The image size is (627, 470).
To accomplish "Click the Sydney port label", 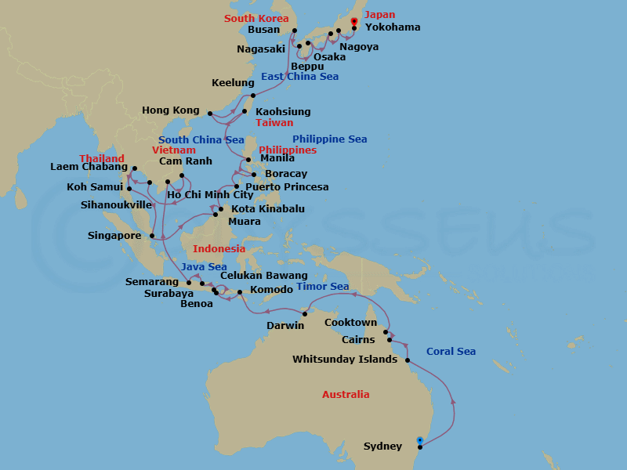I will click(382, 447).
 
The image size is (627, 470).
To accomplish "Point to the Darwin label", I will click(285, 325).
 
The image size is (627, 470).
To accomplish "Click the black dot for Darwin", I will click(305, 314).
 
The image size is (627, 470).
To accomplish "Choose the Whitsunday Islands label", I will click(346, 360).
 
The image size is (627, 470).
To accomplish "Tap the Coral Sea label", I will click(451, 352).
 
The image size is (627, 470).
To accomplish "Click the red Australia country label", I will click(346, 395).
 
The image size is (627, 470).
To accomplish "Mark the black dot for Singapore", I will click(151, 235).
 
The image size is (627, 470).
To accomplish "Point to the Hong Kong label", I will click(171, 111).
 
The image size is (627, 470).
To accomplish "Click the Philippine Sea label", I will click(329, 139).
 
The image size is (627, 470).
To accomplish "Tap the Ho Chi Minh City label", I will click(209, 195).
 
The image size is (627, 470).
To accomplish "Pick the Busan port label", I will click(263, 30).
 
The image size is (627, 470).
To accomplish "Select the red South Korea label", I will click(255, 18).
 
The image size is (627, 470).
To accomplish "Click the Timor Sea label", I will click(323, 287).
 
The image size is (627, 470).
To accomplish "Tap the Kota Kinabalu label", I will click(268, 209).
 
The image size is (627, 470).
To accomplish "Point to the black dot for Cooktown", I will click(386, 332).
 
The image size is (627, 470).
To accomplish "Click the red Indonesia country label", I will click(219, 249).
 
